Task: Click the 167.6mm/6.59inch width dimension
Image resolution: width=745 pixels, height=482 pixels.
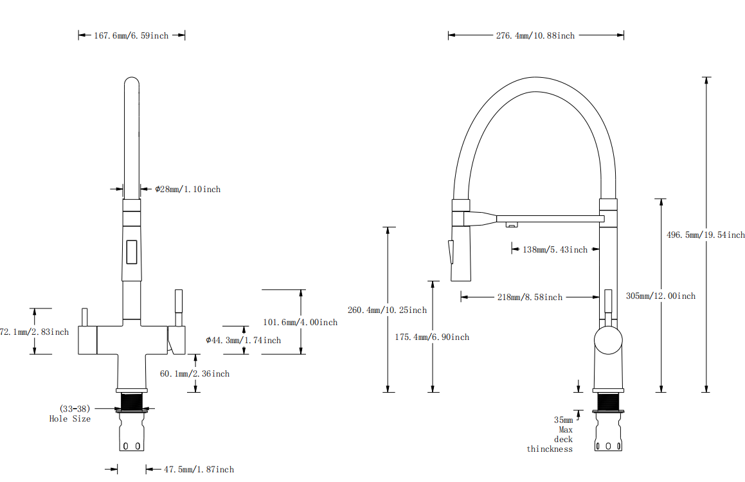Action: click(x=131, y=36)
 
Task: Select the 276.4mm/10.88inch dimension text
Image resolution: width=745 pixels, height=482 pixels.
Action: click(x=535, y=36)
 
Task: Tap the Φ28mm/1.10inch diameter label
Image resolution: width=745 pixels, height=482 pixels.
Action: click(x=188, y=190)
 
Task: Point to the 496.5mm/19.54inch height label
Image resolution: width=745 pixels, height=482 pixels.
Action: click(x=705, y=235)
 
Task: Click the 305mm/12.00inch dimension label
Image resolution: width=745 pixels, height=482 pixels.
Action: click(x=660, y=296)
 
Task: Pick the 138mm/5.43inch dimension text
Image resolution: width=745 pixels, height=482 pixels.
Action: click(x=555, y=249)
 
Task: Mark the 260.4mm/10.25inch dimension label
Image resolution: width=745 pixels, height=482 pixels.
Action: click(x=387, y=310)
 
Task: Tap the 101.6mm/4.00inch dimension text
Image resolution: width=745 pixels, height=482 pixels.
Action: click(x=300, y=323)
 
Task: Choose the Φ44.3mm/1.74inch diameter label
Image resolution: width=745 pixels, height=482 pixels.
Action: click(x=243, y=341)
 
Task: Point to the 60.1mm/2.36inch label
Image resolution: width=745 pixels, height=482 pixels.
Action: click(x=195, y=374)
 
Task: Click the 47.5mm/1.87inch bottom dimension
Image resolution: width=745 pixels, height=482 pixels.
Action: click(x=199, y=470)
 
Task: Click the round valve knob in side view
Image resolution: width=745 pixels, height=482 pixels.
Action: click(x=608, y=340)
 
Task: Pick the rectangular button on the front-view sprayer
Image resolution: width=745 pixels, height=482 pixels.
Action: click(x=131, y=251)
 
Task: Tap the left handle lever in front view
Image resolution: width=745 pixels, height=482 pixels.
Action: click(x=84, y=318)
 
